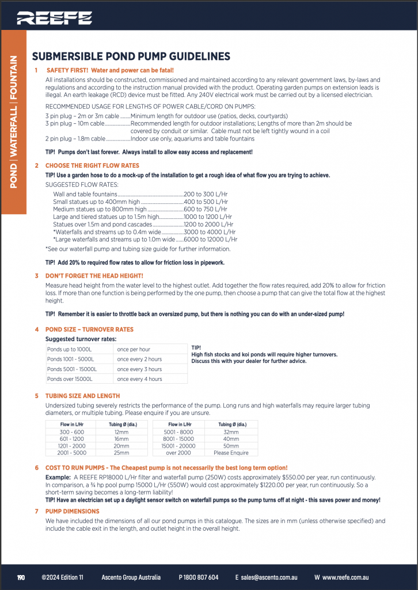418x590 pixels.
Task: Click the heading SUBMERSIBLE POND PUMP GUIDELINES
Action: point(131,56)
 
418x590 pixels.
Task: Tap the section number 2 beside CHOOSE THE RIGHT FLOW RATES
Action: point(36,165)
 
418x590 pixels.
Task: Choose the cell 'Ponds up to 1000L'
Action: point(69,350)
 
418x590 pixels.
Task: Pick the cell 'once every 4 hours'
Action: point(139,379)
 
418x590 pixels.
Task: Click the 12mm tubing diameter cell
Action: point(121,432)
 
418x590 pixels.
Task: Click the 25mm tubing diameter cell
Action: point(121,452)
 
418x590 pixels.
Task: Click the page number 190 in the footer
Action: point(21,577)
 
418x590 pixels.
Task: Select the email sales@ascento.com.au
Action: point(269,577)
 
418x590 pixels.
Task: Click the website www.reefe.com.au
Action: point(345,577)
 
